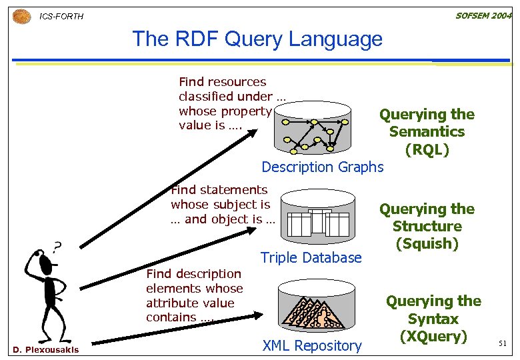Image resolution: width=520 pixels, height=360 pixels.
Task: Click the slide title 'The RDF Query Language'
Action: pos(257,39)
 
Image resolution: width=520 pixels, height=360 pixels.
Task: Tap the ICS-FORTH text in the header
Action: pos(62,16)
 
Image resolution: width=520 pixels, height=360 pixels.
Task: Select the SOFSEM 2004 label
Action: pos(483,15)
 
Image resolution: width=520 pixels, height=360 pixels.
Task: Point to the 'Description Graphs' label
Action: pos(323,167)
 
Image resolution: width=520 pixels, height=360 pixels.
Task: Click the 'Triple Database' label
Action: pos(311,257)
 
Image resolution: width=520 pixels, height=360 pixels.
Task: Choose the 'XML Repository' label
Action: pos(312,345)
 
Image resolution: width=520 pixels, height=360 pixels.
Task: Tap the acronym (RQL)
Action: pos(427,149)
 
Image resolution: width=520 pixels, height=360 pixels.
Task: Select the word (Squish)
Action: pos(427,243)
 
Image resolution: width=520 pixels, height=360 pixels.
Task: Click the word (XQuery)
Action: pos(433,336)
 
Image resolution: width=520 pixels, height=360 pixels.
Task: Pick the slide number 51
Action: pos(503,343)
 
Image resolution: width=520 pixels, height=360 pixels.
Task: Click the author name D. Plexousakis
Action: pos(45,349)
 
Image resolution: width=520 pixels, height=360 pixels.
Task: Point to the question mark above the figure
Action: pos(58,247)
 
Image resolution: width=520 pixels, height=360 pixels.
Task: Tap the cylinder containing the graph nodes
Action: pos(312,129)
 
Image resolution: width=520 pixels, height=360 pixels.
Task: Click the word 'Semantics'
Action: pos(427,132)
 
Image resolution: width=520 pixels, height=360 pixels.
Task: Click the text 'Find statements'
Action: pos(219,190)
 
